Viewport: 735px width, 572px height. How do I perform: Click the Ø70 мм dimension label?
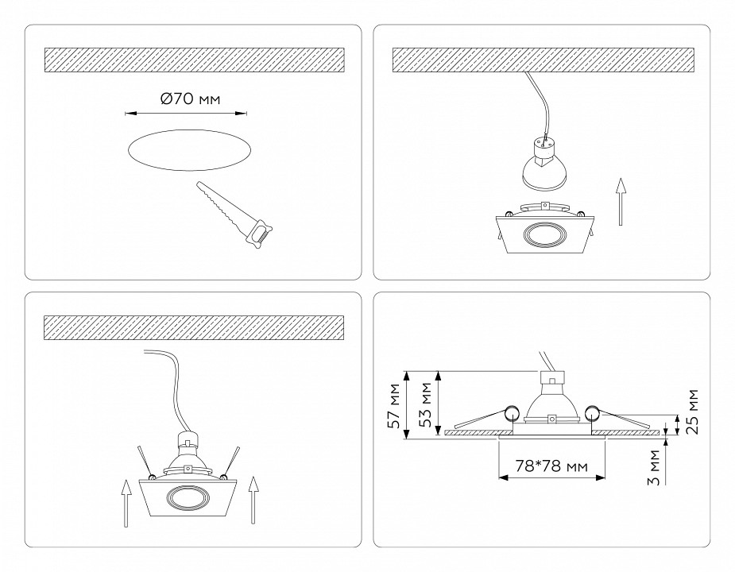[x=189, y=99]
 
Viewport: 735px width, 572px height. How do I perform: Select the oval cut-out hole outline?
[x=190, y=150]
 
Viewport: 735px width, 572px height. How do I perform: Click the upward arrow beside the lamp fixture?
[x=622, y=203]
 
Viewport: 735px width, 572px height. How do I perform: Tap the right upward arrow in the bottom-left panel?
[x=253, y=499]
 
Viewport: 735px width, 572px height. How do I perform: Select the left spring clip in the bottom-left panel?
[x=143, y=462]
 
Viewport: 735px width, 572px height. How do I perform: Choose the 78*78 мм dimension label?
[x=551, y=466]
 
